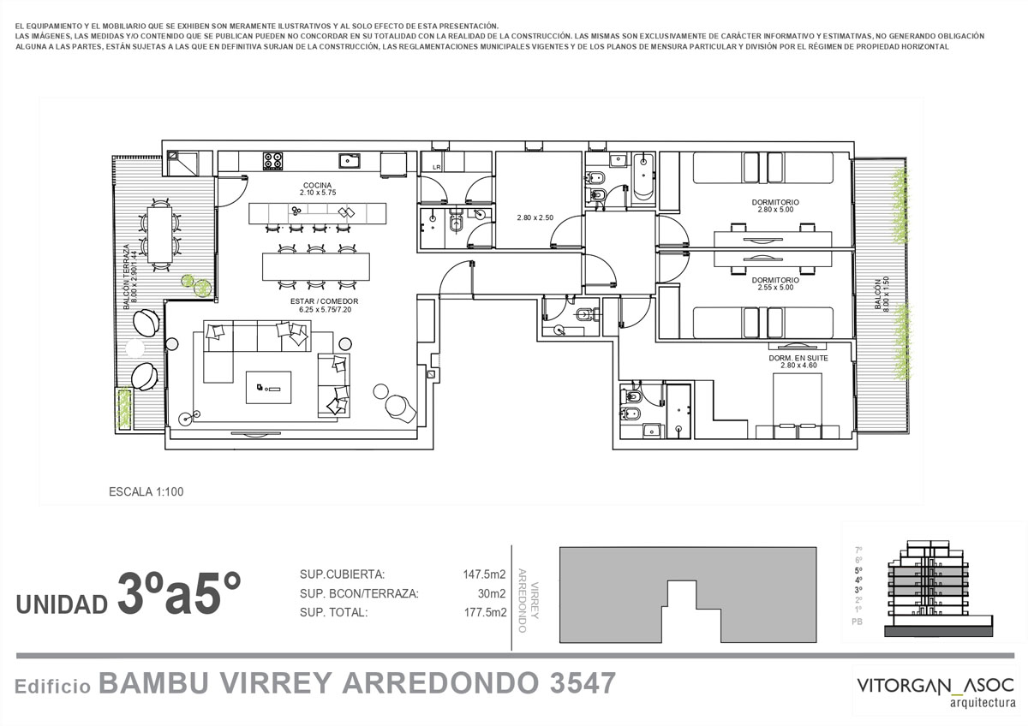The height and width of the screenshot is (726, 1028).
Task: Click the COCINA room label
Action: (318, 185)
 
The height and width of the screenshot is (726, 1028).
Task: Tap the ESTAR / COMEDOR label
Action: (325, 301)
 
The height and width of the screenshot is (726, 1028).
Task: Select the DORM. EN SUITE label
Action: (798, 358)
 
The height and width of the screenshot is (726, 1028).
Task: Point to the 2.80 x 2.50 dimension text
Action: (535, 217)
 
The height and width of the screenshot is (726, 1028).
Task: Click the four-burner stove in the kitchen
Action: (272, 161)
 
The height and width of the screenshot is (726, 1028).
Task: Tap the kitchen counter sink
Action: (350, 161)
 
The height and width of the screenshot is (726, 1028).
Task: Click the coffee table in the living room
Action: (268, 388)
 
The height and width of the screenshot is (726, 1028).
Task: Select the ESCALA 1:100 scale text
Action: (146, 491)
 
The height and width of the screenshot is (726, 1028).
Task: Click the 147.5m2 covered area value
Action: (484, 574)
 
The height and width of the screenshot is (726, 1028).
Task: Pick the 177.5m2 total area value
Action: (485, 612)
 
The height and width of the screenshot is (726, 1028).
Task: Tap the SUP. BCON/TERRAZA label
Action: (359, 593)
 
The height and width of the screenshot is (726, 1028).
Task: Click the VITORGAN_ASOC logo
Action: (935, 691)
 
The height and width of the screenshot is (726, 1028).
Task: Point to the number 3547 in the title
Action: (583, 683)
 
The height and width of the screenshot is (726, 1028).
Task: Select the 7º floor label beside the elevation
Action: (858, 550)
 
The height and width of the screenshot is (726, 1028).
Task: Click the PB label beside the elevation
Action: (857, 622)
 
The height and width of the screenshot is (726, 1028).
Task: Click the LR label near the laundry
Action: (436, 168)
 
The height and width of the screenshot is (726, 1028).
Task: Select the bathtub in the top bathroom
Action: (644, 179)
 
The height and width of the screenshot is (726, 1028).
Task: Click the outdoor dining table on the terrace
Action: (159, 235)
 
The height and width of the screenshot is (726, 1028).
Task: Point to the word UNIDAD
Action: (62, 604)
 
